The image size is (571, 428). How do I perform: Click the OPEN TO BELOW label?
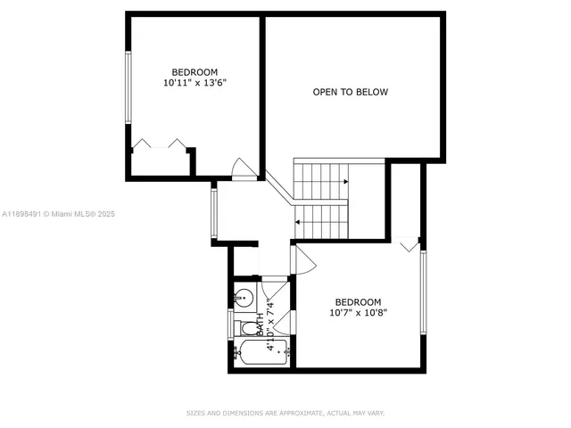click(x=350, y=92)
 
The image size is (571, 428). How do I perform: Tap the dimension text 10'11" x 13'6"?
click(x=194, y=83)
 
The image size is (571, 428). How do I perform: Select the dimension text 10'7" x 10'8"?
click(x=358, y=313)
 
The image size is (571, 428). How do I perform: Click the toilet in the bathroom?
click(x=246, y=328)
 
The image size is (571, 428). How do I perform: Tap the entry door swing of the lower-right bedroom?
click(x=303, y=259)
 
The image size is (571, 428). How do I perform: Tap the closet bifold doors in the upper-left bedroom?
click(x=159, y=144)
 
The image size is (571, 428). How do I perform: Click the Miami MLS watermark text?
click(x=59, y=214)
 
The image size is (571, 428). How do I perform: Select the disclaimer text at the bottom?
click(x=285, y=413)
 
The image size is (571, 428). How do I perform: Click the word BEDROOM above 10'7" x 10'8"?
click(x=358, y=301)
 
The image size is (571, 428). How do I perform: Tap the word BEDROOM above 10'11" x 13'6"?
click(x=194, y=71)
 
